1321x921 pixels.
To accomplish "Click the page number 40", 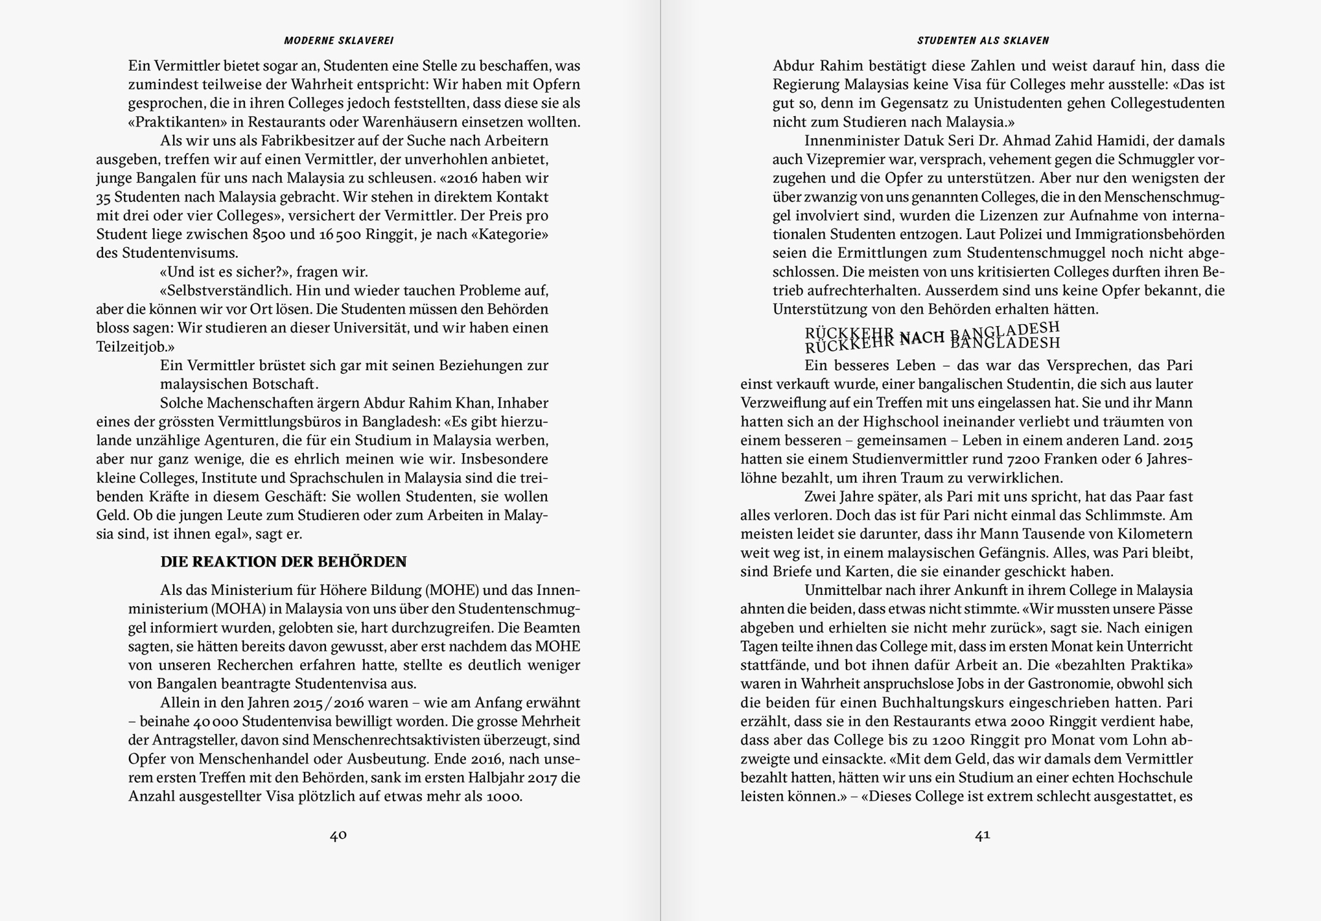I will click(338, 835).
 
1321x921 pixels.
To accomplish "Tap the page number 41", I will click(982, 835).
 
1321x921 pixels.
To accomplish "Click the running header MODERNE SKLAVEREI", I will click(338, 41).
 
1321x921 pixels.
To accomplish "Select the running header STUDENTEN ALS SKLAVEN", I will click(983, 41).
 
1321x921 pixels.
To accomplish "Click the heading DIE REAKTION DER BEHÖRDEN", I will click(284, 562).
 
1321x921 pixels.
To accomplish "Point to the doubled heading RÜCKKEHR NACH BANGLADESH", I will click(932, 337).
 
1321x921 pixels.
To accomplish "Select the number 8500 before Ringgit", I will click(269, 235).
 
